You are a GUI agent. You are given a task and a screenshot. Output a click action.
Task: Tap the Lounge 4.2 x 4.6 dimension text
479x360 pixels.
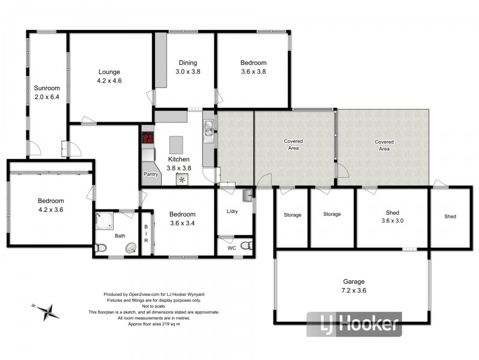point(110,80)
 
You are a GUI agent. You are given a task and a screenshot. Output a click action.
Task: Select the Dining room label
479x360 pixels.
point(187,62)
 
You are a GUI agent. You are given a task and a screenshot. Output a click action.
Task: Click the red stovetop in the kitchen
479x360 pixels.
point(147,139)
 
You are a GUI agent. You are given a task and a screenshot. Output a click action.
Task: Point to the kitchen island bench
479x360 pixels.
point(176,145)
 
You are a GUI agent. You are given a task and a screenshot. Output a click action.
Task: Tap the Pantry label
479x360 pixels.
point(150,174)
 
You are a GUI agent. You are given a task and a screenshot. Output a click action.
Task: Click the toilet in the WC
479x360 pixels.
point(246,245)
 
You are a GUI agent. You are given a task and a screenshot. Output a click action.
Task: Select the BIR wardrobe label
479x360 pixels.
point(146,234)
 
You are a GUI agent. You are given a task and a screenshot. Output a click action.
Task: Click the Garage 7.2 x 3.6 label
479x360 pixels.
point(353,286)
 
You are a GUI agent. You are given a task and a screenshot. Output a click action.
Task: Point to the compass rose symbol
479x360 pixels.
point(46,311)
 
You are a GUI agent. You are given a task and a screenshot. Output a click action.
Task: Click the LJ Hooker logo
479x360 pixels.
point(354,325)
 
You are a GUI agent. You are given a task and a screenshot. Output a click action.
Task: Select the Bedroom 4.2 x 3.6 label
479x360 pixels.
point(50,206)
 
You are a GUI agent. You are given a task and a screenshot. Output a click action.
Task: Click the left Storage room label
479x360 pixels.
point(292,215)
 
